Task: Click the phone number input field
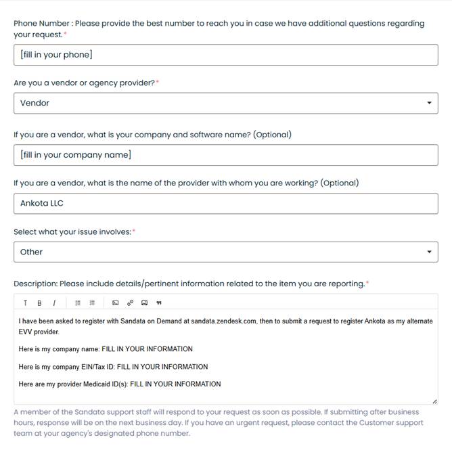point(225,55)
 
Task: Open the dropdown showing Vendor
point(225,103)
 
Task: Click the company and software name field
point(225,155)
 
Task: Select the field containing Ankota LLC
point(225,203)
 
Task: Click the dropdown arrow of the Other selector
point(429,252)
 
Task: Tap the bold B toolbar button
point(39,303)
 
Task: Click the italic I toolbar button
point(54,303)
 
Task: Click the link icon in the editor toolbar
point(130,302)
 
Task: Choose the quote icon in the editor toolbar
point(159,302)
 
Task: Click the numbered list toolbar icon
point(93,302)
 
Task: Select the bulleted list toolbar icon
point(78,302)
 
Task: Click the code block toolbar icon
point(115,302)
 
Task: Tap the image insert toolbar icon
point(144,302)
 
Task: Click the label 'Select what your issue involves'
point(72,232)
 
